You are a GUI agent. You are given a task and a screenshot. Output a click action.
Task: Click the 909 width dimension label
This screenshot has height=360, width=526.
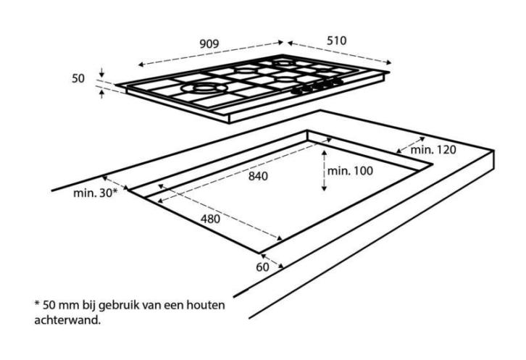(x=209, y=44)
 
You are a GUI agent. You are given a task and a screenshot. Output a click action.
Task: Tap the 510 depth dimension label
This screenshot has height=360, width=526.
(x=336, y=41)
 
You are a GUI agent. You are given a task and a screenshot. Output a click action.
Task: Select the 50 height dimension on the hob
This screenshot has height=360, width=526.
(x=78, y=78)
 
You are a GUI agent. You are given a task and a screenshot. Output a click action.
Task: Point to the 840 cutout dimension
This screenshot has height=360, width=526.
(x=258, y=176)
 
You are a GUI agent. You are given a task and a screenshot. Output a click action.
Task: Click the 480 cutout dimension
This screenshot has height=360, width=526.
(x=210, y=219)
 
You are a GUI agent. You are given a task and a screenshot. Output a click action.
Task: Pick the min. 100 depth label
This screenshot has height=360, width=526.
(x=350, y=171)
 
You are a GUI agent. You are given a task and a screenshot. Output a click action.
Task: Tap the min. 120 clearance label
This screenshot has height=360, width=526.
(x=433, y=150)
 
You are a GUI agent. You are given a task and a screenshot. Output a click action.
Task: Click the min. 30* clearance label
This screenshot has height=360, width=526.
(x=96, y=193)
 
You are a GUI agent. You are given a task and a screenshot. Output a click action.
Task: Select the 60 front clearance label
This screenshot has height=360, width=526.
(x=263, y=267)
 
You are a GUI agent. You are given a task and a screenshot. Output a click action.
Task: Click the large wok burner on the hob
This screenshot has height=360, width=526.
(x=204, y=88)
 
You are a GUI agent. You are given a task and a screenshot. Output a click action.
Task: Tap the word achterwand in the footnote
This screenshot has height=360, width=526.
(x=67, y=319)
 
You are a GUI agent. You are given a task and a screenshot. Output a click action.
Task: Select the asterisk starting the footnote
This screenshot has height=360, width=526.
(x=37, y=304)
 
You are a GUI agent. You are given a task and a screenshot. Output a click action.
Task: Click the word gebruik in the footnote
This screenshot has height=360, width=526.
(x=119, y=306)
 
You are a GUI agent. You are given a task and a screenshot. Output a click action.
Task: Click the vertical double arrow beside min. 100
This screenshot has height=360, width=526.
(x=324, y=170)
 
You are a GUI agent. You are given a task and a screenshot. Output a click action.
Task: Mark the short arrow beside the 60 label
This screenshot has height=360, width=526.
(x=272, y=261)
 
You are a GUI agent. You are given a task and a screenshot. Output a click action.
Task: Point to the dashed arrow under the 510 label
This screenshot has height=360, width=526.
(x=340, y=52)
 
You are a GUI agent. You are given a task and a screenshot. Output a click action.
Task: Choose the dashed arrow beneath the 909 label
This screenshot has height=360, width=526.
(x=211, y=54)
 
